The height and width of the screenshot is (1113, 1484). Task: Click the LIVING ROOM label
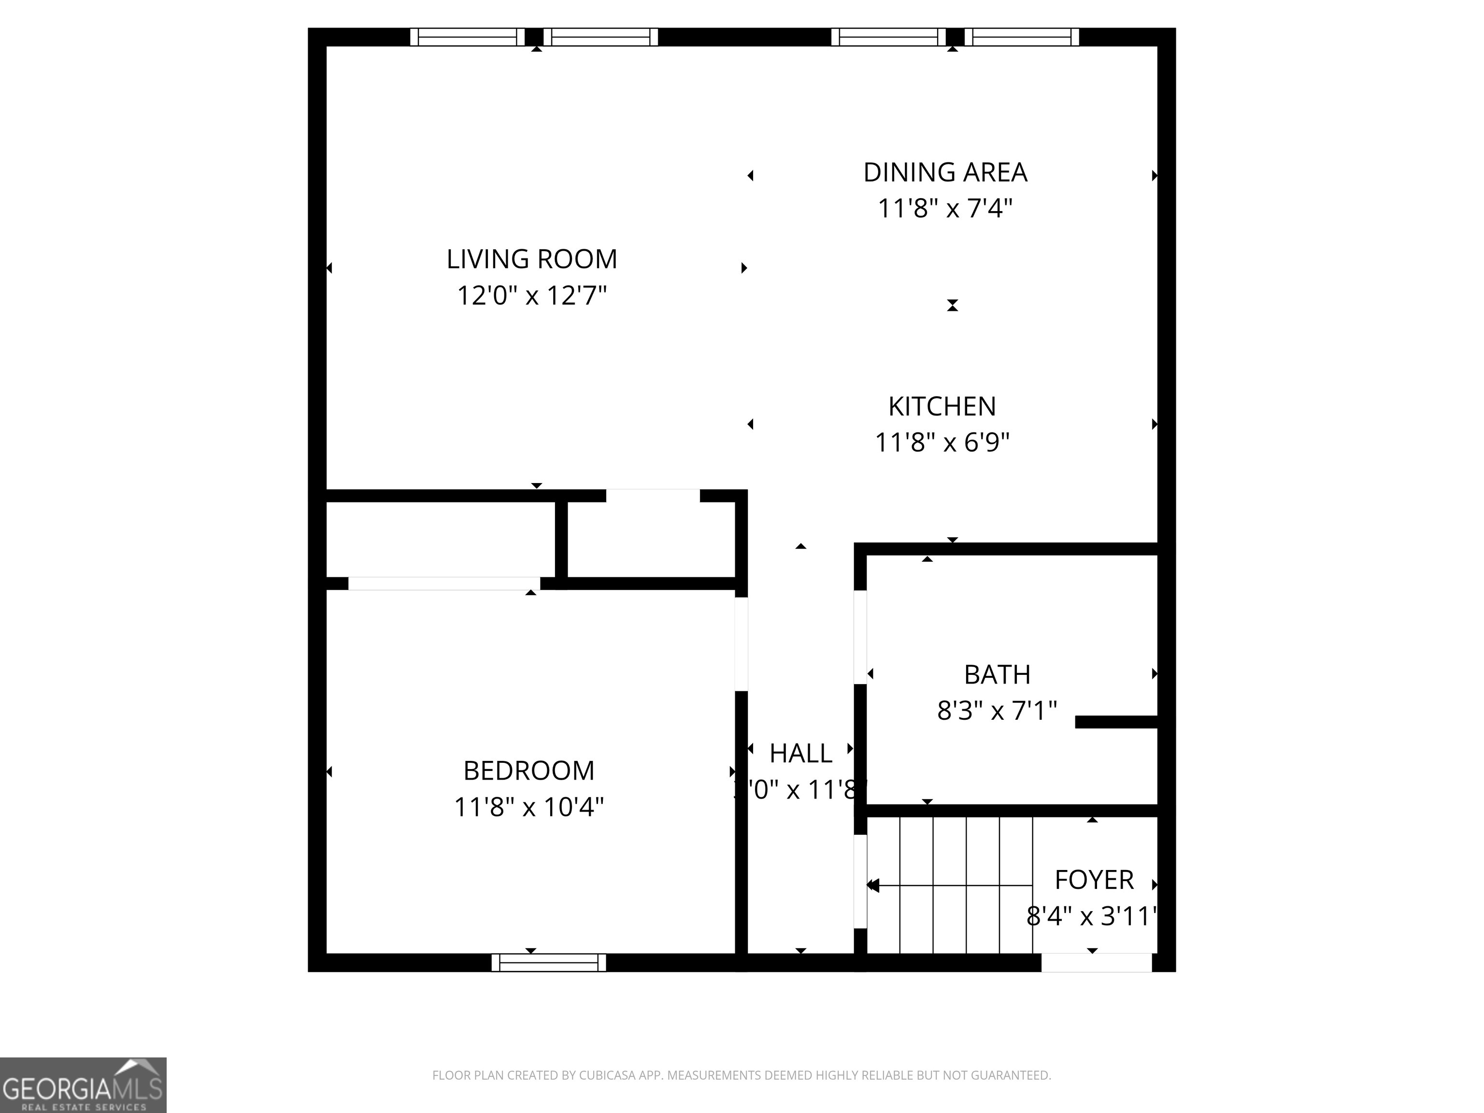tap(531, 259)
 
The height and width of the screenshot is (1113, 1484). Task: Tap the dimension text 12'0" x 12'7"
tap(531, 295)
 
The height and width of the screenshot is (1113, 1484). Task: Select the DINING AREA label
tap(944, 172)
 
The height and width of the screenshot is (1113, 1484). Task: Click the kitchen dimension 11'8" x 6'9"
tap(942, 442)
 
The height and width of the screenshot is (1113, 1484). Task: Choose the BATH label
tap(997, 674)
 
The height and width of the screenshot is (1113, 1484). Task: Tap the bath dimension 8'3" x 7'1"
tap(997, 710)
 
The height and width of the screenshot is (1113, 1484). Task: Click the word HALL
tap(800, 754)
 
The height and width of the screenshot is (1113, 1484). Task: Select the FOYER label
tap(1094, 880)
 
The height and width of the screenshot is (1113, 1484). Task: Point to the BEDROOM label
tap(528, 770)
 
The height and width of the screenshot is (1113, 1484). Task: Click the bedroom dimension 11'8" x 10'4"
tap(528, 806)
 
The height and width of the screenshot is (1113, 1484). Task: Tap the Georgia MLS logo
tap(83, 1085)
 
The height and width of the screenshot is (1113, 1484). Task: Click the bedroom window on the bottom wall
tap(549, 963)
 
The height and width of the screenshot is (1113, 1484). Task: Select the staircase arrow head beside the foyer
tap(873, 885)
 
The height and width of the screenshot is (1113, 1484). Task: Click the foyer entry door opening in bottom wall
tap(1096, 963)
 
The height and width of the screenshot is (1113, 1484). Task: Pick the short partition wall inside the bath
tap(1116, 722)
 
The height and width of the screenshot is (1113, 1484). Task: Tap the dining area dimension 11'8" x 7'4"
tap(944, 209)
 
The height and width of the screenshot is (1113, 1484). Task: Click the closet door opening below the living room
tap(653, 496)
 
